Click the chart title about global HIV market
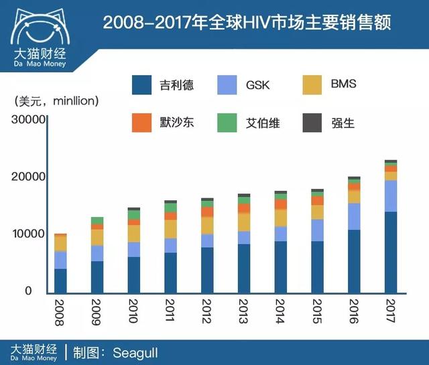(x=247, y=23)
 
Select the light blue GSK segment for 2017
(x=390, y=196)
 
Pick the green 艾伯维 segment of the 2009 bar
(x=97, y=220)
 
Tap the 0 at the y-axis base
(x=28, y=291)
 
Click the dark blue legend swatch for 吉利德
(x=142, y=85)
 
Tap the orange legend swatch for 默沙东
(x=142, y=123)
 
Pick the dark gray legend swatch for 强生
(x=314, y=123)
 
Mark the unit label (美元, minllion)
(x=57, y=101)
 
